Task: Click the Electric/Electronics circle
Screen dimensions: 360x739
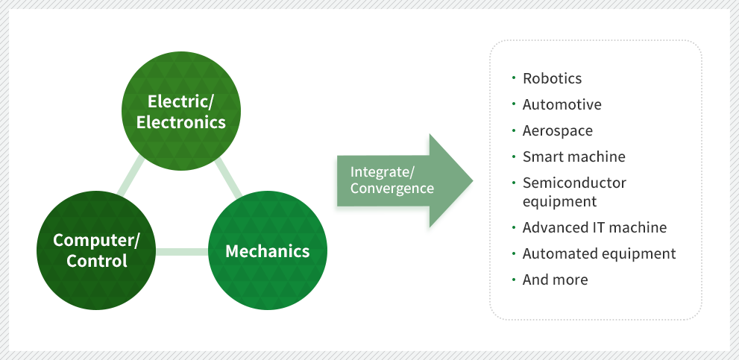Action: [181, 111]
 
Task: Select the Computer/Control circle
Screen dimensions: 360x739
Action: [96, 250]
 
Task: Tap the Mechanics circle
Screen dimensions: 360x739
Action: [266, 250]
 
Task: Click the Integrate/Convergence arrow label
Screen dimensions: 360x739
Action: [391, 180]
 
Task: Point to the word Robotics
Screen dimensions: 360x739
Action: [552, 78]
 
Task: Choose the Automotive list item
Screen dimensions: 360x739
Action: [562, 104]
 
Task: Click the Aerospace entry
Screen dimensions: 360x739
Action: [557, 130]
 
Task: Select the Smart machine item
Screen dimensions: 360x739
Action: [573, 157]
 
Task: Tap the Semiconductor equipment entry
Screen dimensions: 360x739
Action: [574, 192]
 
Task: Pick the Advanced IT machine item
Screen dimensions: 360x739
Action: [594, 227]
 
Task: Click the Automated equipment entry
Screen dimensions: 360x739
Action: [599, 253]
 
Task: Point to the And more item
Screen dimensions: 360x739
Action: [555, 280]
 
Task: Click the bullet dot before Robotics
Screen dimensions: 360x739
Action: [514, 77]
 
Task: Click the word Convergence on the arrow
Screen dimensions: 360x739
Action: [391, 189]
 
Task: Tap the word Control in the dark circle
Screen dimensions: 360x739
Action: [96, 261]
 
